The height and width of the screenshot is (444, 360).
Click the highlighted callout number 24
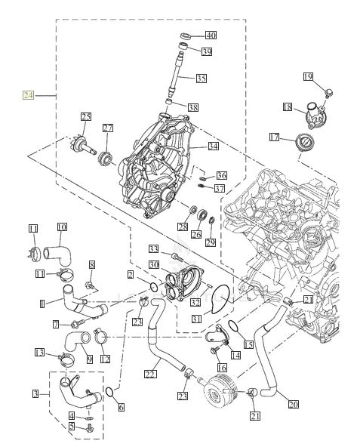(x=28, y=95)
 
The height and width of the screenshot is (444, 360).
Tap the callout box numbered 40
(x=211, y=35)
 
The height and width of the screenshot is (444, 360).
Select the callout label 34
(x=213, y=146)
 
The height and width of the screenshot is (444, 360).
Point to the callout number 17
(x=274, y=137)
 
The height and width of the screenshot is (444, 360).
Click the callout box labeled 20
(x=293, y=404)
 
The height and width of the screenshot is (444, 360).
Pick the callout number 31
(x=196, y=319)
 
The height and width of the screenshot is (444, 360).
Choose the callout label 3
(x=35, y=393)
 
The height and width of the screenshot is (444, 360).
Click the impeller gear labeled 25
(x=82, y=145)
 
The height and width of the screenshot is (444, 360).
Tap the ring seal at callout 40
(x=186, y=36)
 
